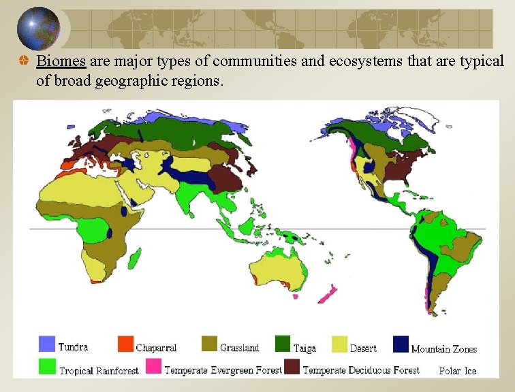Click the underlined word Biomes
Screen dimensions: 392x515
(61, 61)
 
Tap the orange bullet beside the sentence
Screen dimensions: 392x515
(24, 61)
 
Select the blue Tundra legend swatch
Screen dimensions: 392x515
(47, 344)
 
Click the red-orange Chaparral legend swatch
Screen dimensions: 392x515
(125, 344)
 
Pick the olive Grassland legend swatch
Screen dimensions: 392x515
(209, 344)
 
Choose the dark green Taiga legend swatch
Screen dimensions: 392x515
(283, 344)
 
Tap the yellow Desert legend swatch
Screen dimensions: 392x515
(340, 344)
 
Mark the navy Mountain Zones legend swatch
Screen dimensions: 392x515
(401, 344)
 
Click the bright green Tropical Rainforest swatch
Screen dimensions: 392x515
(47, 367)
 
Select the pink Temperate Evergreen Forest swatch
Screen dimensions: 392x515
(153, 367)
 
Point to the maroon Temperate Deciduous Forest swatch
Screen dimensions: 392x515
(292, 367)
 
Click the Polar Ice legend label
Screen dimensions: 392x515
(458, 371)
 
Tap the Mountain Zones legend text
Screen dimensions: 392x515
(444, 349)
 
